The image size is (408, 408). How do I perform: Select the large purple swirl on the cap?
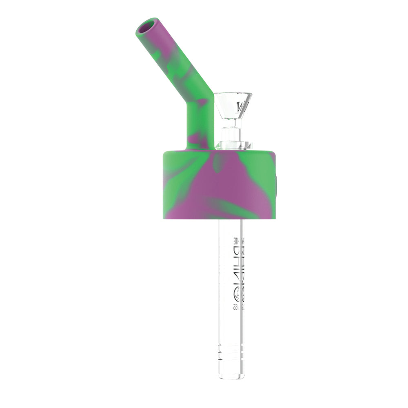point(228,184)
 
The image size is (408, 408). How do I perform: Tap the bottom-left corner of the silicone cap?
point(164,217)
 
